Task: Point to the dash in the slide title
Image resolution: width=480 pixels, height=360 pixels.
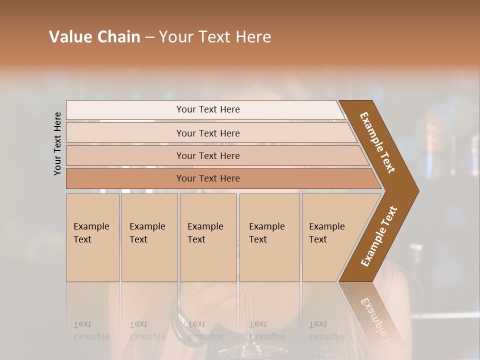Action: pyautogui.click(x=149, y=37)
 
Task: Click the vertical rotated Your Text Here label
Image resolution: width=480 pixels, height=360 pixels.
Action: pyautogui.click(x=57, y=143)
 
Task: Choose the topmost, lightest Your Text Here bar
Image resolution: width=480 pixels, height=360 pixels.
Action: pyautogui.click(x=207, y=109)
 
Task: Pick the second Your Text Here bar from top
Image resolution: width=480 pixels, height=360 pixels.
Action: pyautogui.click(x=207, y=133)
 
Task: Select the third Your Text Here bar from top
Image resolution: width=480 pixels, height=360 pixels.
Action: pyautogui.click(x=207, y=155)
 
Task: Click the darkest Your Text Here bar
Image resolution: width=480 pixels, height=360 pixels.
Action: pyautogui.click(x=207, y=178)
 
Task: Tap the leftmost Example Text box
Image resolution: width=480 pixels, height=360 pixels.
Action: pyautogui.click(x=92, y=237)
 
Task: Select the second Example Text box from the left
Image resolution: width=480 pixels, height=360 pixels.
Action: pyautogui.click(x=149, y=237)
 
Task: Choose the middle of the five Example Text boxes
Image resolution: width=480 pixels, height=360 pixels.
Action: pyautogui.click(x=208, y=237)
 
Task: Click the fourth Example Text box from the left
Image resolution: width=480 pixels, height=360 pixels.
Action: pyautogui.click(x=269, y=237)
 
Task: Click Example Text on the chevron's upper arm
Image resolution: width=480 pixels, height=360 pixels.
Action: pyautogui.click(x=377, y=142)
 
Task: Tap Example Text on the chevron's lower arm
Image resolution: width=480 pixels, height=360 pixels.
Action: pyautogui.click(x=379, y=236)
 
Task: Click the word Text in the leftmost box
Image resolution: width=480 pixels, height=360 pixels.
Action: pyautogui.click(x=82, y=239)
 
